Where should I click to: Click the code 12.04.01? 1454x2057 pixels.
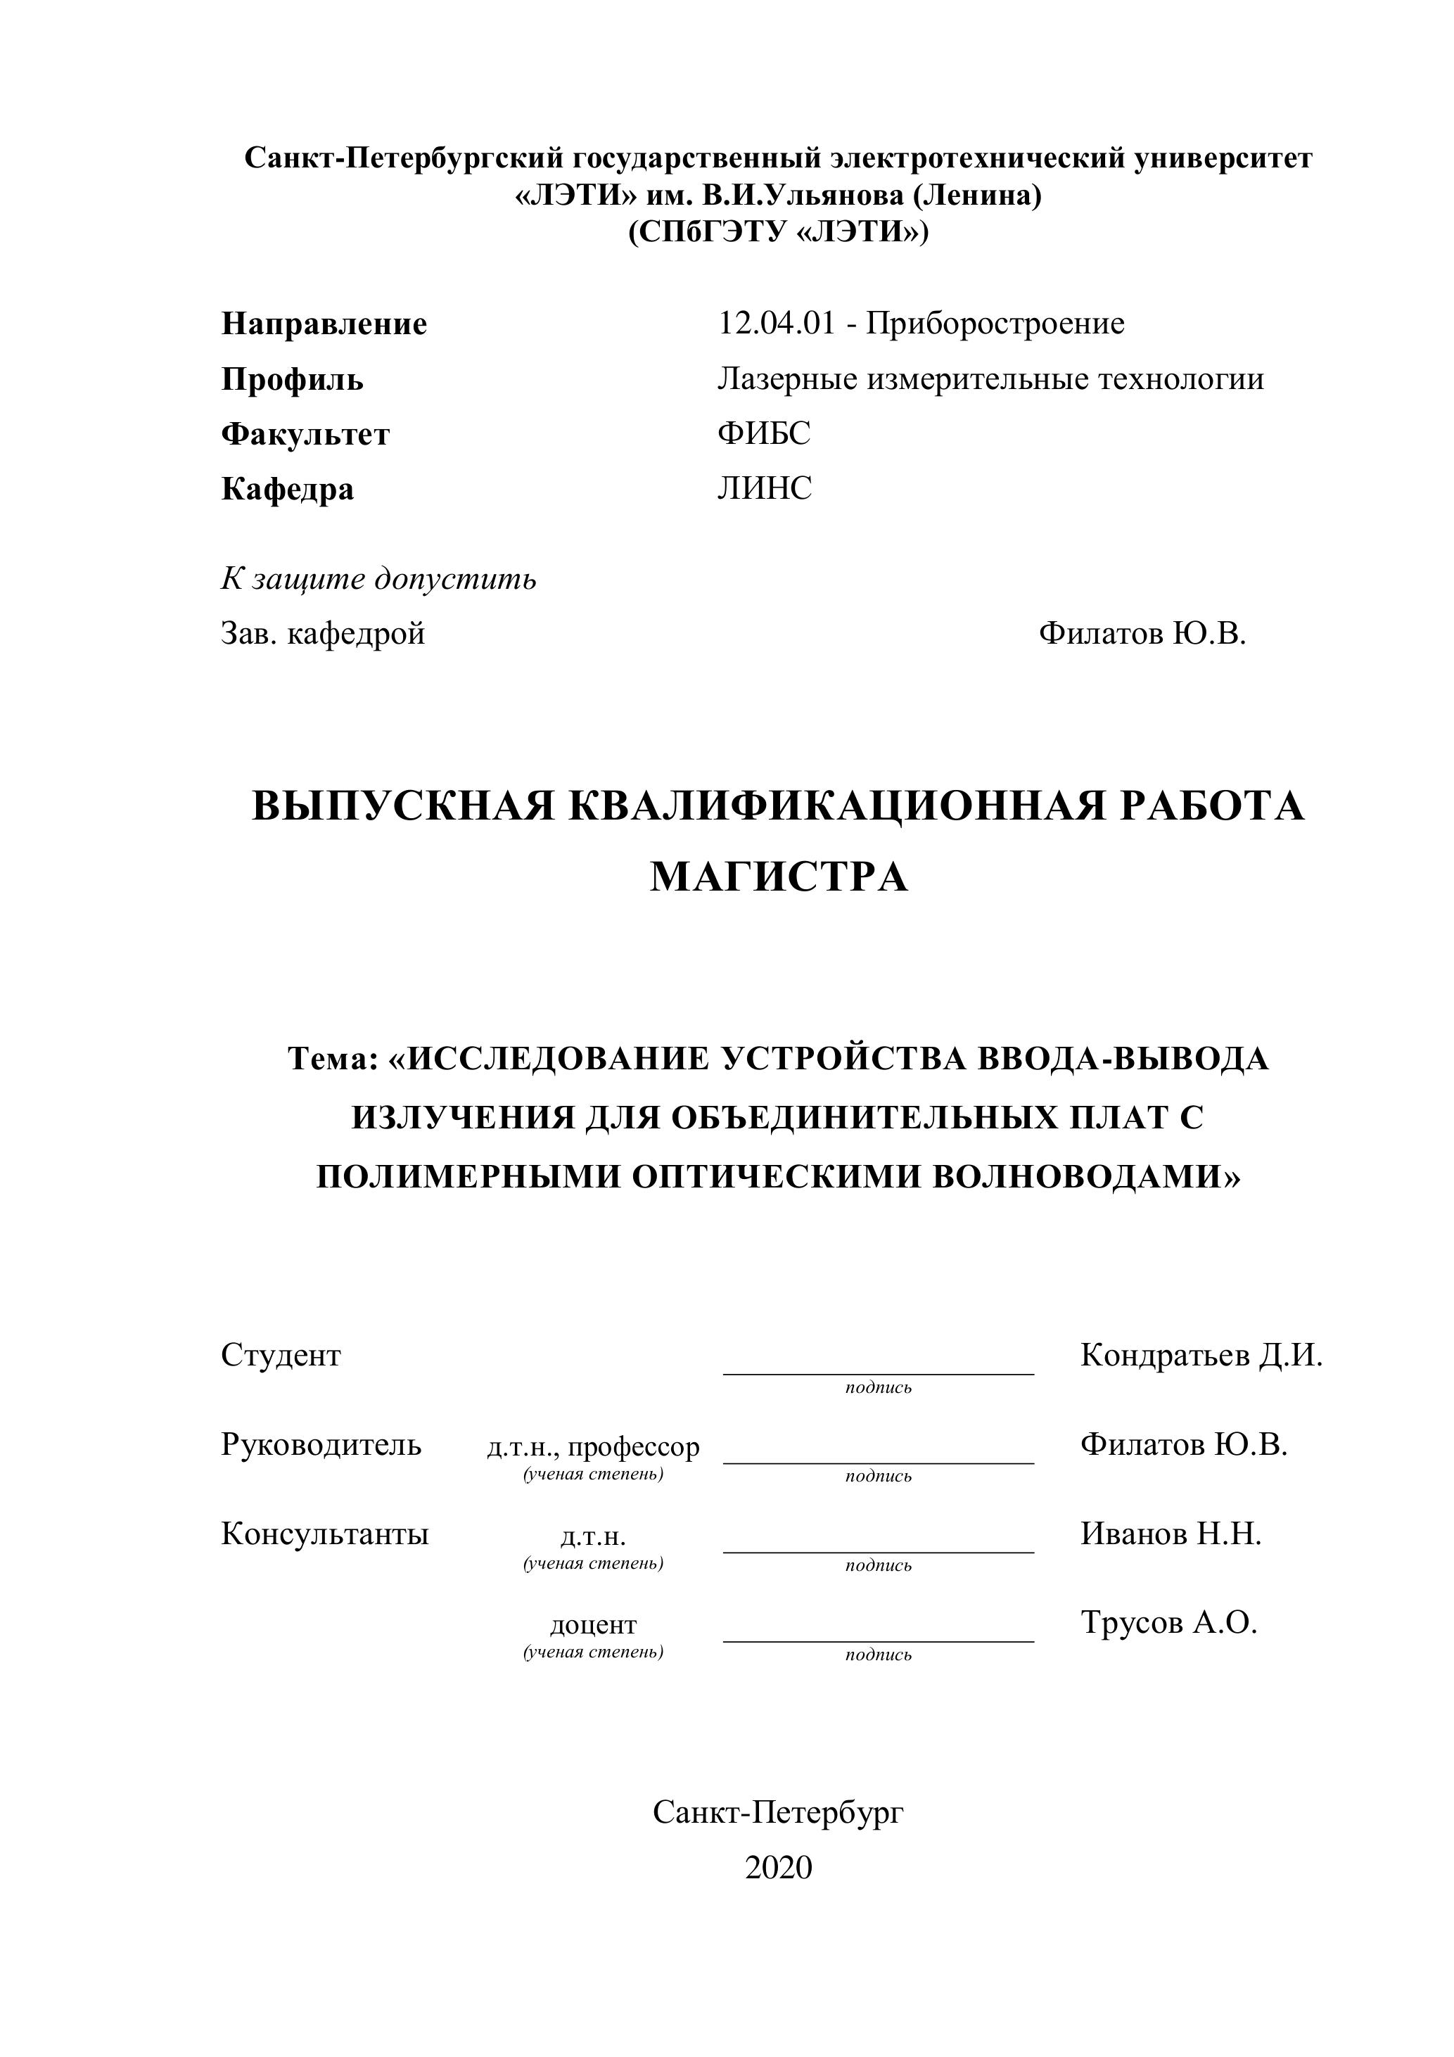(x=776, y=324)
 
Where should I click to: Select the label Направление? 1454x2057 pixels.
(x=324, y=324)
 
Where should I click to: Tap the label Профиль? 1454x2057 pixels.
(x=292, y=380)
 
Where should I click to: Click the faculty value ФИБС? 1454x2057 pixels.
(x=763, y=433)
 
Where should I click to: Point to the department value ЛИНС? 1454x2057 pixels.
(x=764, y=488)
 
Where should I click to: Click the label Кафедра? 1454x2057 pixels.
(x=288, y=489)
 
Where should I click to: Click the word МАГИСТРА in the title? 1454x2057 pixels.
(x=779, y=877)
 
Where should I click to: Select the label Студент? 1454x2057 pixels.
(x=281, y=1356)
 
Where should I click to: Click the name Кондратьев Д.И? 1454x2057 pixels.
(x=1201, y=1356)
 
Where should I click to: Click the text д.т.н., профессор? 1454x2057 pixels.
(x=593, y=1447)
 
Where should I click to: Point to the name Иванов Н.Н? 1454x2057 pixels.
(x=1170, y=1534)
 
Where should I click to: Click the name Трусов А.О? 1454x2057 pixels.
(x=1168, y=1622)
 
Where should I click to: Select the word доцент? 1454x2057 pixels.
(x=593, y=1624)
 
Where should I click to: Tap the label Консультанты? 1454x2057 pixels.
(x=325, y=1534)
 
